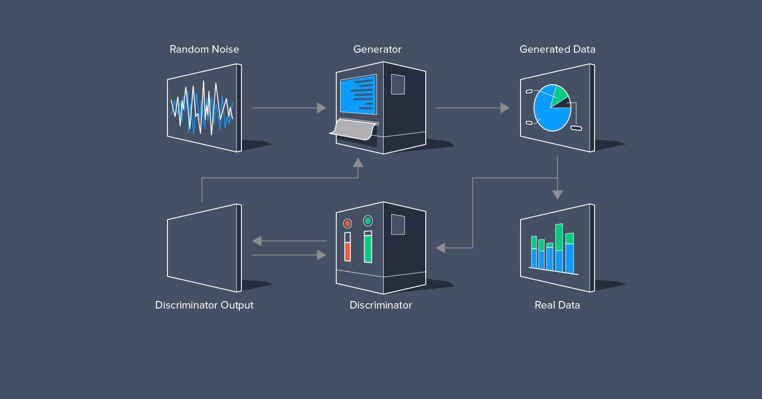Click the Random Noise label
pyautogui.click(x=204, y=49)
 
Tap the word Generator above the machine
pyautogui.click(x=377, y=49)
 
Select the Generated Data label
pyautogui.click(x=557, y=49)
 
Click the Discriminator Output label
pyautogui.click(x=204, y=305)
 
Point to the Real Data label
pyautogui.click(x=557, y=305)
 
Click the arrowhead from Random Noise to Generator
pyautogui.click(x=322, y=108)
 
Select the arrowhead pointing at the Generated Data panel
pyautogui.click(x=505, y=108)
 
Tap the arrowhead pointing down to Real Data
pyautogui.click(x=557, y=195)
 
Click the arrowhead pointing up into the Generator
pyautogui.click(x=358, y=163)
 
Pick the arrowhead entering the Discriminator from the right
pyautogui.click(x=440, y=248)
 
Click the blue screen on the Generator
pyautogui.click(x=358, y=94)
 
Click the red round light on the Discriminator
pyautogui.click(x=348, y=223)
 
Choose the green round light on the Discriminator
pyautogui.click(x=368, y=221)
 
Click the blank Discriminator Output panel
pyautogui.click(x=203, y=248)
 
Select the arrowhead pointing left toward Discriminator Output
pyautogui.click(x=257, y=241)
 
